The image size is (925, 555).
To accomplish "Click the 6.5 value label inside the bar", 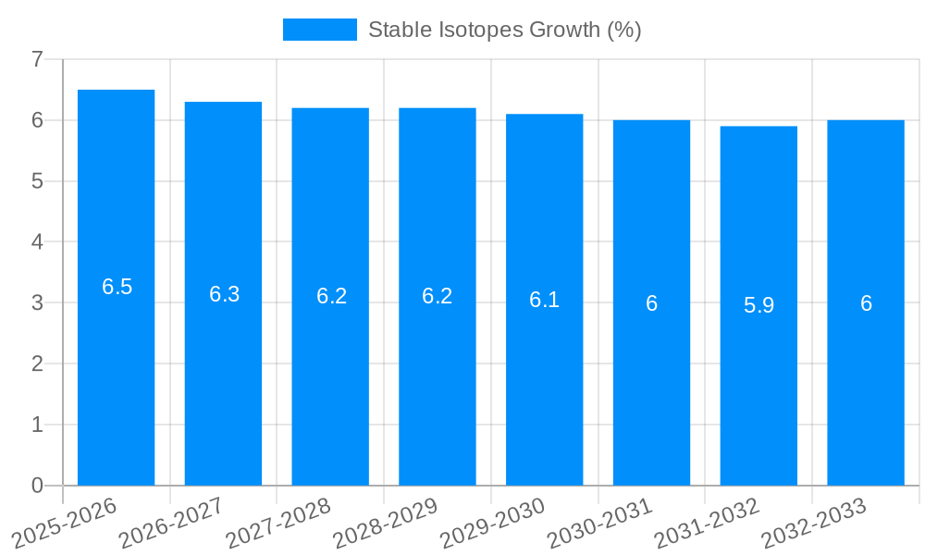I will [117, 287].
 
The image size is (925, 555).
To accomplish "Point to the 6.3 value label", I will [224, 294].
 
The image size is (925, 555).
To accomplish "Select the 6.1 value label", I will [544, 300].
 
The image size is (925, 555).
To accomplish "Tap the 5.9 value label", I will [758, 305].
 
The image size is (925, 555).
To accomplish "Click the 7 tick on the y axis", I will [37, 59].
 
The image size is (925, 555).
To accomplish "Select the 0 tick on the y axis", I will [37, 486].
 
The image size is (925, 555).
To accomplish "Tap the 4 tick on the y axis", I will [37, 242].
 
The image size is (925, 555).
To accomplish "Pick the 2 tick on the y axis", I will [37, 364].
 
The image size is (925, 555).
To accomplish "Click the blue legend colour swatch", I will [319, 30].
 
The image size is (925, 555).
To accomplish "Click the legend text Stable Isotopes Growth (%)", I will [504, 30].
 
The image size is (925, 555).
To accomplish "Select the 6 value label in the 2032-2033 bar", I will [866, 303].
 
